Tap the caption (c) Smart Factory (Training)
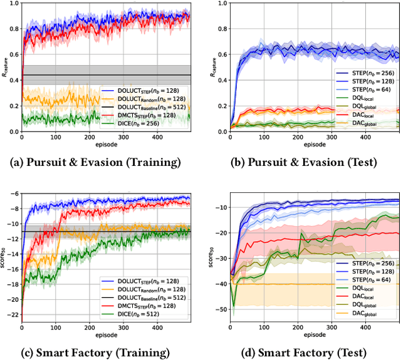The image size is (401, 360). (x=96, y=351)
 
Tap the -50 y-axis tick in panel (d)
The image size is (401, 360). (x=221, y=309)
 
